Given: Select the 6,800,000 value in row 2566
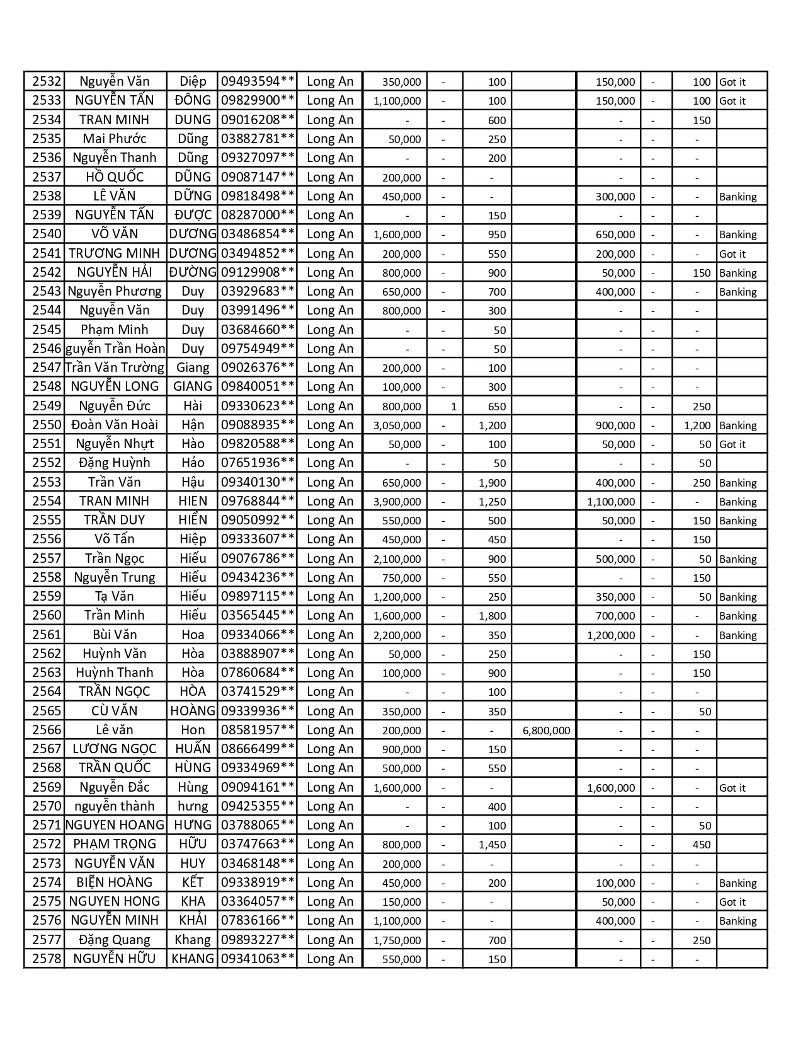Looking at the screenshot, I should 547,731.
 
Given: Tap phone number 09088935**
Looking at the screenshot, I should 258,425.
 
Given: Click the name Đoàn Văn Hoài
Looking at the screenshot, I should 115,425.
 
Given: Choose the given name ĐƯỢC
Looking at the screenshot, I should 193,215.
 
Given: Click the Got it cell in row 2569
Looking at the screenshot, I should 732,788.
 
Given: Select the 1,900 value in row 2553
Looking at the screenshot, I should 493,483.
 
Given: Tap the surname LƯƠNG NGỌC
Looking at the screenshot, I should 115,749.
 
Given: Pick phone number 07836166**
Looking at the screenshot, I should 258,920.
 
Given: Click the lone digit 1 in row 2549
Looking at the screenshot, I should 454,407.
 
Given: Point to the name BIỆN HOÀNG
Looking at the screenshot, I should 115,882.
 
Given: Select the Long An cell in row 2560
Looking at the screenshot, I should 330,615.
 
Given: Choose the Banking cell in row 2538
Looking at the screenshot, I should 738,197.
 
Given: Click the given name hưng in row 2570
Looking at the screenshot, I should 193,806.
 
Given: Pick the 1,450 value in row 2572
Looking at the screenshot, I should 493,845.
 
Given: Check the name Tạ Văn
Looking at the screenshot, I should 115,596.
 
